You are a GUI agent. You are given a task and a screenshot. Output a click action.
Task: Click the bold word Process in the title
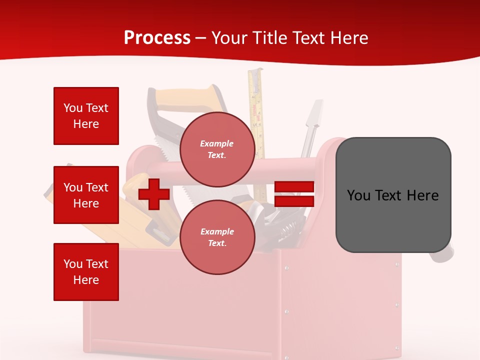pos(157,37)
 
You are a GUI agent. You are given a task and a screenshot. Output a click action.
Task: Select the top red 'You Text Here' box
pos(86,116)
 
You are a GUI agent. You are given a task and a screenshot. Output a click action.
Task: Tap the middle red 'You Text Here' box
pos(86,195)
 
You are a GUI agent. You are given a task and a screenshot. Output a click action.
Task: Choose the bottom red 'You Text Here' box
pos(86,272)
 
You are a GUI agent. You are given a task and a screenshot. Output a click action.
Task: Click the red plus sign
pos(154,194)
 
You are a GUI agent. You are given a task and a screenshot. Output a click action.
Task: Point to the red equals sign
pos(294,194)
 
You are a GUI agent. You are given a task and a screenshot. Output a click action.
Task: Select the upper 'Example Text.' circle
pos(217,149)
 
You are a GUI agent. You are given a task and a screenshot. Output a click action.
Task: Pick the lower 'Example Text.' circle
pos(217,237)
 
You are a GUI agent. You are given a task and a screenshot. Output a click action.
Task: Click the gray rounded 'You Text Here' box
pos(393,195)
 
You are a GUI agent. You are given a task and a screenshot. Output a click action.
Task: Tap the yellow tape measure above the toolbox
pos(256,100)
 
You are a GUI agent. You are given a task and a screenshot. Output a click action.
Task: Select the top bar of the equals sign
pos(294,187)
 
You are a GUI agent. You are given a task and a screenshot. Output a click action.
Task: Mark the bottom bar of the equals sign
pos(294,201)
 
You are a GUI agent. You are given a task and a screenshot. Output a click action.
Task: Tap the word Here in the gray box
pos(422,195)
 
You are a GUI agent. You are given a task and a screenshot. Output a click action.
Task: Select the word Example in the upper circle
pos(216,143)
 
